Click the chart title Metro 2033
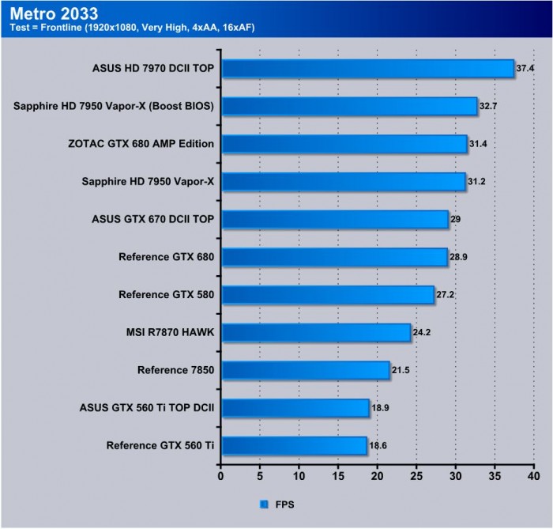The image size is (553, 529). coord(55,13)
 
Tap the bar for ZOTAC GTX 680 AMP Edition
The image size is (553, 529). coord(344,144)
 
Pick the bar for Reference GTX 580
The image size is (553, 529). coord(327,295)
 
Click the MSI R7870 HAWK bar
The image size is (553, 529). coord(315,332)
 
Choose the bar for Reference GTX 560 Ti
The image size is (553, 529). coord(293,446)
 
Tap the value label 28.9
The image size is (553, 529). coord(459,258)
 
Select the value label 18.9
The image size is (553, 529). coord(381,408)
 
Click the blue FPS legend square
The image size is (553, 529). coord(262,503)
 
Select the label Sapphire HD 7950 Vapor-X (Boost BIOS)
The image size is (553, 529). coord(114,106)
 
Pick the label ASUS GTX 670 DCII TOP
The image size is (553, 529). coord(152,220)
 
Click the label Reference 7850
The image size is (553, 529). coord(175,371)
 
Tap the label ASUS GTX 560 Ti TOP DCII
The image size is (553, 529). coord(148,408)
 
